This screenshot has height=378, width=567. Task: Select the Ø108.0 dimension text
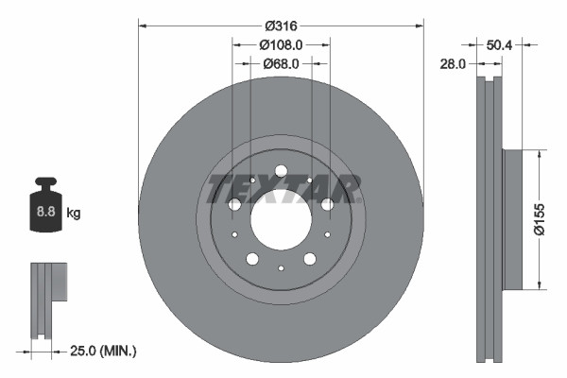[281, 44]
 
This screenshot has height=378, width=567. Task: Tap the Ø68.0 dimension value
[281, 63]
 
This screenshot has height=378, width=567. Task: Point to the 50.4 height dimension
[498, 44]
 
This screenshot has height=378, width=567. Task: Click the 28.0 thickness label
[454, 64]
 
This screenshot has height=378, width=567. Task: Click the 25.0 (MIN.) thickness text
[105, 351]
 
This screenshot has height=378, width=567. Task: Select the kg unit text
[74, 214]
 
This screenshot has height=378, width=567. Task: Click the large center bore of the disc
[281, 218]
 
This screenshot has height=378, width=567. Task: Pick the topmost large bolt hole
[281, 171]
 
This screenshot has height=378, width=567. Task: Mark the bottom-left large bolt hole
[252, 259]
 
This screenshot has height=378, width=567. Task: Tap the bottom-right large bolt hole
[310, 259]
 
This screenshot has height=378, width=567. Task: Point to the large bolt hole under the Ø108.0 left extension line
[234, 204]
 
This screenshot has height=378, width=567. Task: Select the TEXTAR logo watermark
[283, 188]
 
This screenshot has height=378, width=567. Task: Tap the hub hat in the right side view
[512, 218]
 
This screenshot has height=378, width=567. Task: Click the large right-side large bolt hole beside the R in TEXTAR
[327, 204]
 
